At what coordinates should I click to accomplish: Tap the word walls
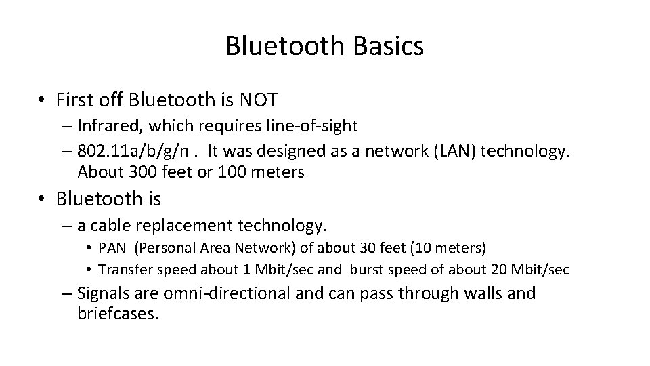[x=483, y=293]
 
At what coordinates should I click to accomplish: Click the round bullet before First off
[x=42, y=101]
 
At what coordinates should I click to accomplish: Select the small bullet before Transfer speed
[x=89, y=270]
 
